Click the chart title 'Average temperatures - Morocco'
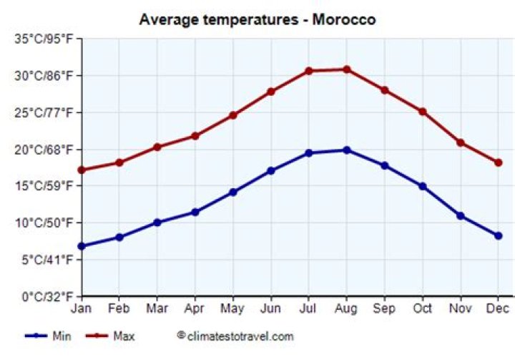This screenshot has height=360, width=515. (x=257, y=19)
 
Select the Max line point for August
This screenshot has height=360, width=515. (x=346, y=69)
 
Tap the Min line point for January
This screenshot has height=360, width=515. (x=82, y=246)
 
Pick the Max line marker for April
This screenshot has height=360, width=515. (x=195, y=136)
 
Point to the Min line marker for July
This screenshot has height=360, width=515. (x=308, y=153)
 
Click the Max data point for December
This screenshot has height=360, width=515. (x=498, y=162)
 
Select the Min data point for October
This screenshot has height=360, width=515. (x=422, y=186)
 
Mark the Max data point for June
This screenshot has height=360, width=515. (x=270, y=92)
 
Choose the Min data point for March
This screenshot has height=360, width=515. (x=157, y=223)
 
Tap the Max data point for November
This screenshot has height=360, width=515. (x=460, y=142)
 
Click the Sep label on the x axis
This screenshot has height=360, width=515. (x=384, y=309)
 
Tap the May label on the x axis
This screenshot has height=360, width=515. (x=232, y=309)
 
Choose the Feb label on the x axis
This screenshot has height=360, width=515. (x=119, y=309)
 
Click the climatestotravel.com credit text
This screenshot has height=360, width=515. (x=235, y=336)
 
